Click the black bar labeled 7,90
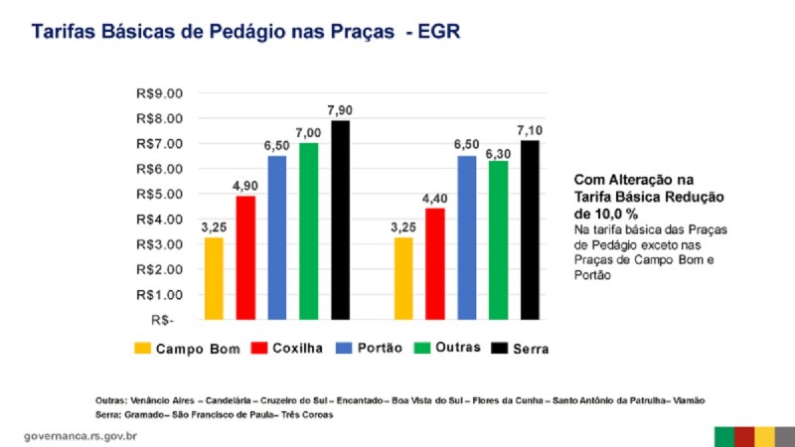coord(341,220)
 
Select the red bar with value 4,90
coord(244,257)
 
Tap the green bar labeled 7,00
coord(308,230)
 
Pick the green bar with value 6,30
coord(499,239)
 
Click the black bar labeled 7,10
coord(531,229)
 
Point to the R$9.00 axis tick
coord(160,93)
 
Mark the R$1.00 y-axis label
coord(160,295)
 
